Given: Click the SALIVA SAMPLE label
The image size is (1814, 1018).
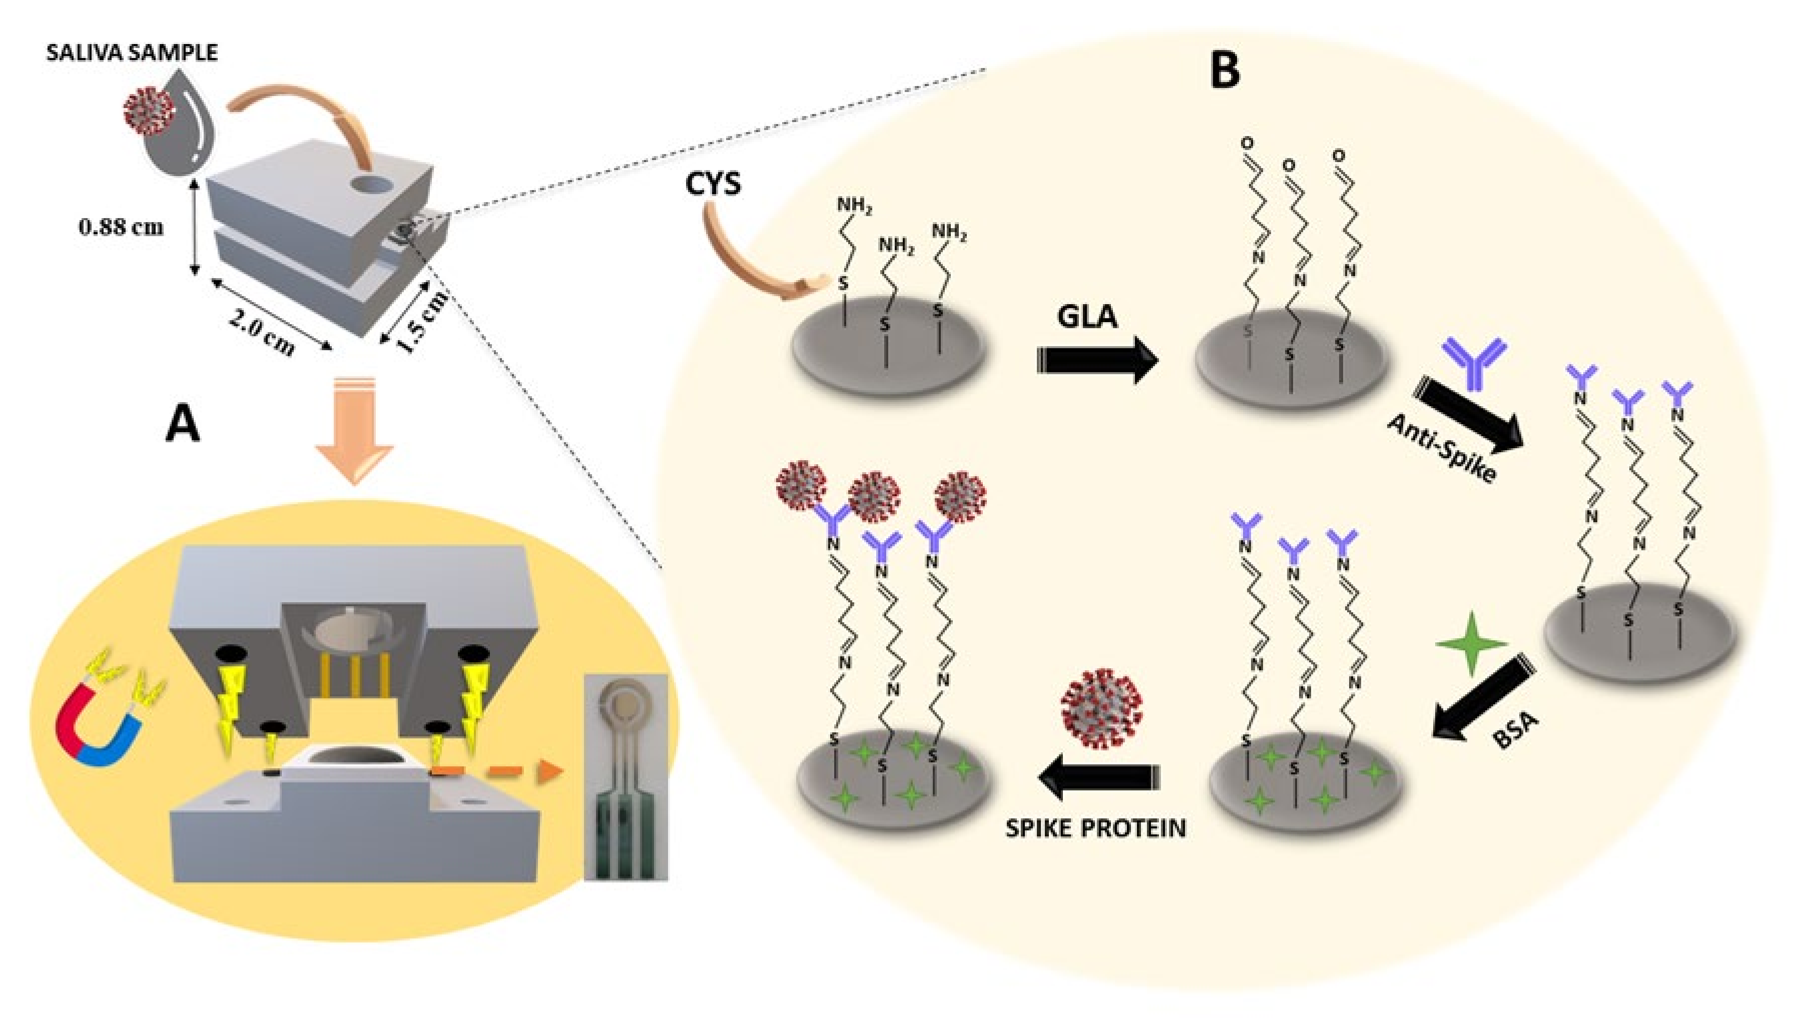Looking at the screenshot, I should pos(132,53).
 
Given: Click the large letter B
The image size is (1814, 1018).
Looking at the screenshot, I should pos(1226,72).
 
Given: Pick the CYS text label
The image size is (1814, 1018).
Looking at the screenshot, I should pos(713,185).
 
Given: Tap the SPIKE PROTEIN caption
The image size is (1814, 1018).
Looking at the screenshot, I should pos(1095,828).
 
